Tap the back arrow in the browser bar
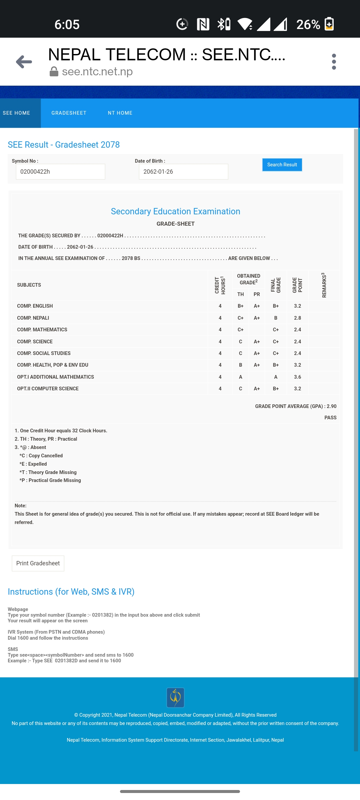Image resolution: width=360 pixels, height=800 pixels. pos(24,62)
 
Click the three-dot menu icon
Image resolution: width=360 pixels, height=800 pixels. pos(334,62)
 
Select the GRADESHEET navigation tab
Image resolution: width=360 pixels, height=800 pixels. pos(69,113)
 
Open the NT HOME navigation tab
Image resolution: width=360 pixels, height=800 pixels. pos(120,113)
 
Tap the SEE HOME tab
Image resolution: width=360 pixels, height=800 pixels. pos(17,113)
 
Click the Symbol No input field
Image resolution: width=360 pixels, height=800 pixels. pos(60,172)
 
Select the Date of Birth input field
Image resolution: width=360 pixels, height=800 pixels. pos(183,172)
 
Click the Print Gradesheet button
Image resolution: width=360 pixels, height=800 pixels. pos(38,563)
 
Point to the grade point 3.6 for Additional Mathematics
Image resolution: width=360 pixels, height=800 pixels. pos(297,377)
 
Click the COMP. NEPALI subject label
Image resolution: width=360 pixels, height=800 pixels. pos(33,318)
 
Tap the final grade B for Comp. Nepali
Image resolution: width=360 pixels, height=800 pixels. pos(276,318)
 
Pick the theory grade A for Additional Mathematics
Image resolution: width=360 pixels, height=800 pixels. pos(241,377)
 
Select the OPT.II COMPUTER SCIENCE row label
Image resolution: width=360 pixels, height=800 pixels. pos(48,389)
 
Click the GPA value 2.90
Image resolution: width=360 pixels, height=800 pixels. pos(331,406)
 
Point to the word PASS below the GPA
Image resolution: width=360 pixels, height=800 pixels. pos(330,418)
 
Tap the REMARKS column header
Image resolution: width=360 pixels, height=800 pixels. pos(324,285)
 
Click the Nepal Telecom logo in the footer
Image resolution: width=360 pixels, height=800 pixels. pos(175,697)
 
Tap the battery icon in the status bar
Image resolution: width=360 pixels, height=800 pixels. pos(329,24)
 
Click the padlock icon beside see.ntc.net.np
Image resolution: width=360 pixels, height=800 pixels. pos(54,71)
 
